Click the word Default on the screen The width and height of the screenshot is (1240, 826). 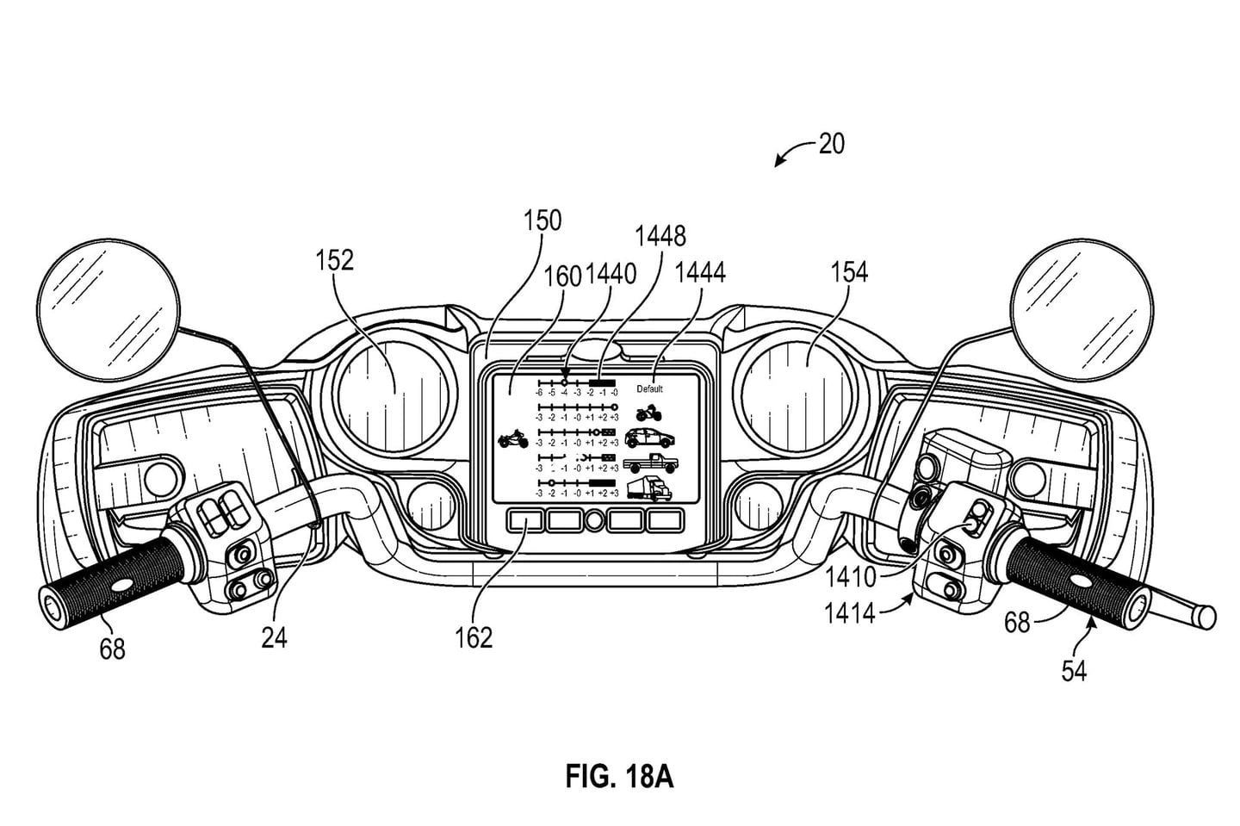(650, 388)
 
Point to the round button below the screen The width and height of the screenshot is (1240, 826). (595, 521)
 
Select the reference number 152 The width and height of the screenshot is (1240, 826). (334, 259)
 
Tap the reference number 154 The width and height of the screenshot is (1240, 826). (848, 273)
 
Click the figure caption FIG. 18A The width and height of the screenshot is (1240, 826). (618, 778)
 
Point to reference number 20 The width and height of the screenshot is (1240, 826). (831, 143)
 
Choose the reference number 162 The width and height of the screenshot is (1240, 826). (474, 637)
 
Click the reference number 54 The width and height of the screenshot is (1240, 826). (1073, 671)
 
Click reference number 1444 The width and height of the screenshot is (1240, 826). (700, 273)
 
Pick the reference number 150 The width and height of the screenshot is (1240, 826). (542, 220)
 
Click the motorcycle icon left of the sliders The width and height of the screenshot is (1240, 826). (512, 440)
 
